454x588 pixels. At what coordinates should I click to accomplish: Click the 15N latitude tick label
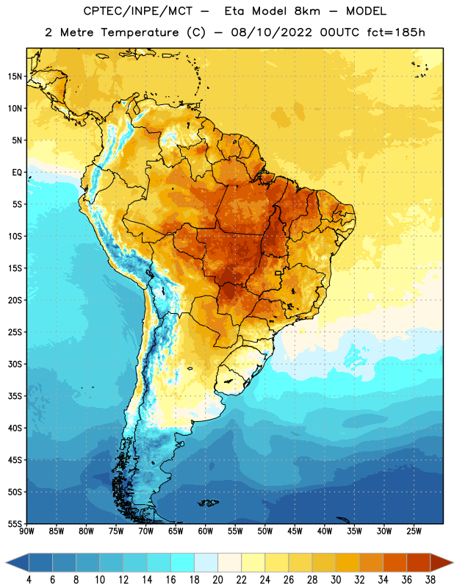pos(15,76)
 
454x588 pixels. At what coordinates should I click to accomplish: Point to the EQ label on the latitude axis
pos(18,173)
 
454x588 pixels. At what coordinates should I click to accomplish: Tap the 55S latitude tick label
pos(15,523)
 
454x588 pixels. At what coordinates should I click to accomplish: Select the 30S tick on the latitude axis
pos(15,364)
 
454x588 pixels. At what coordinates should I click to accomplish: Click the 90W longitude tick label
pos(26,531)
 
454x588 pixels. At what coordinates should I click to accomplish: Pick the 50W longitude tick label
pos(265,531)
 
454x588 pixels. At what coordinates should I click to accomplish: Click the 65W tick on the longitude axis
pos(176,531)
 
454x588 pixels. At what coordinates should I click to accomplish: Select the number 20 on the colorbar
pos(217,580)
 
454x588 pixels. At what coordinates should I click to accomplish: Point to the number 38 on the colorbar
pos(430,580)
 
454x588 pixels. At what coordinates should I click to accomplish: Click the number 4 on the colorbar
pos(29,580)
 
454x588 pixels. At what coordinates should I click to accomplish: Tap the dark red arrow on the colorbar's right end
pos(442,562)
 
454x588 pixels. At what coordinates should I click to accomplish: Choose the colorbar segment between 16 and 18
pos(182,562)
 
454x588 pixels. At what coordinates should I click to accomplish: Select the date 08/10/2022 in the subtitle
pos(271,32)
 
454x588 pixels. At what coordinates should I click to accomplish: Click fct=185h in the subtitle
pos(396,32)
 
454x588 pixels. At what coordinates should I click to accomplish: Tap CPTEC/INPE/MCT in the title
pos(137,11)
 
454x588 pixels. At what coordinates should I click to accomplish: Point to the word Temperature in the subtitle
pos(140,32)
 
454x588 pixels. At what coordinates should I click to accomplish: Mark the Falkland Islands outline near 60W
pos(209,503)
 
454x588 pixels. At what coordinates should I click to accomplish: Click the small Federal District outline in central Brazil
pos(278,273)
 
